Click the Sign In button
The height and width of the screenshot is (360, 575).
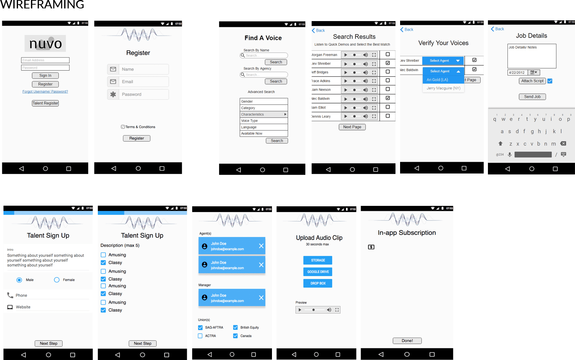click(x=45, y=76)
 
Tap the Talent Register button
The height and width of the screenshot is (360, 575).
click(x=45, y=103)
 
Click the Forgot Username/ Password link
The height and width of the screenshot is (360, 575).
click(x=45, y=92)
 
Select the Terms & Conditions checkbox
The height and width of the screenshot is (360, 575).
click(x=123, y=127)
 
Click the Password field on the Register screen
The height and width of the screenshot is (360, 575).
click(x=138, y=94)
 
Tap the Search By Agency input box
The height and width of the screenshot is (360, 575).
click(x=264, y=75)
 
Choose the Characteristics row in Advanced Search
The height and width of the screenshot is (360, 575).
click(x=264, y=114)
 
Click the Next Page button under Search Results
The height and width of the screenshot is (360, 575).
click(x=352, y=127)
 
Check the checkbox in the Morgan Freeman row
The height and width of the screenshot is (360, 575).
click(x=388, y=54)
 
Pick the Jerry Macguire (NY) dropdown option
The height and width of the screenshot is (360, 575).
click(x=443, y=88)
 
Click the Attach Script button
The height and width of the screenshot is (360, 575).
click(x=532, y=81)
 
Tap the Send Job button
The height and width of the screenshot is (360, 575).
click(x=532, y=97)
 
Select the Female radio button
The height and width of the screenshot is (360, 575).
click(x=57, y=280)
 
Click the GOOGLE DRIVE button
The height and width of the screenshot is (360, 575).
click(x=318, y=272)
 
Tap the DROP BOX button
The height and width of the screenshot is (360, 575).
click(x=318, y=283)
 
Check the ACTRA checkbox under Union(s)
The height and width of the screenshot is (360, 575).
click(x=200, y=336)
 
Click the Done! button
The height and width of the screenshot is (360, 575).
click(x=407, y=341)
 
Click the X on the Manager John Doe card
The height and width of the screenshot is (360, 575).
click(x=261, y=298)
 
